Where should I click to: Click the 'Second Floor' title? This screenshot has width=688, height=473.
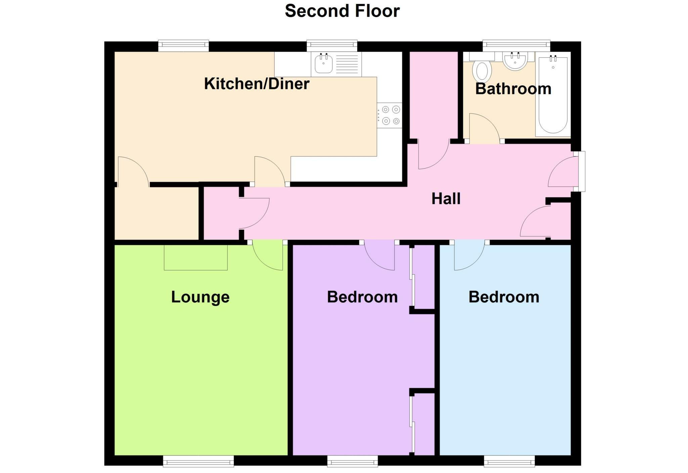(342, 11)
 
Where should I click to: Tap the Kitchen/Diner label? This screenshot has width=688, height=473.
(257, 84)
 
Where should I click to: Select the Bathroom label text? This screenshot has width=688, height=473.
(513, 89)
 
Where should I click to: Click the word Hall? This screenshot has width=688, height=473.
(446, 199)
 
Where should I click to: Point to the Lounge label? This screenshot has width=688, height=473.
(200, 297)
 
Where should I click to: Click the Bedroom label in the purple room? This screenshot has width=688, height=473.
(362, 297)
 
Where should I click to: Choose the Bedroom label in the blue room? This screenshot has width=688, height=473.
(504, 297)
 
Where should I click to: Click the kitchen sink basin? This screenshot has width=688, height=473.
(324, 64)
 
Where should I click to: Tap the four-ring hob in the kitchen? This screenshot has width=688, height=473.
(389, 115)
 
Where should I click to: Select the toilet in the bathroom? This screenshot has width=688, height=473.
(482, 70)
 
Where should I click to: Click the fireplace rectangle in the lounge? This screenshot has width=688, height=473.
(196, 257)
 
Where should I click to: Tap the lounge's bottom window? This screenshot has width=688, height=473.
(198, 461)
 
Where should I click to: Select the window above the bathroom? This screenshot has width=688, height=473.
(516, 45)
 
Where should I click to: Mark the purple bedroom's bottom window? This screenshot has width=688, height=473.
(352, 461)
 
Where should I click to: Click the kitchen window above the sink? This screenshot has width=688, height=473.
(332, 45)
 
